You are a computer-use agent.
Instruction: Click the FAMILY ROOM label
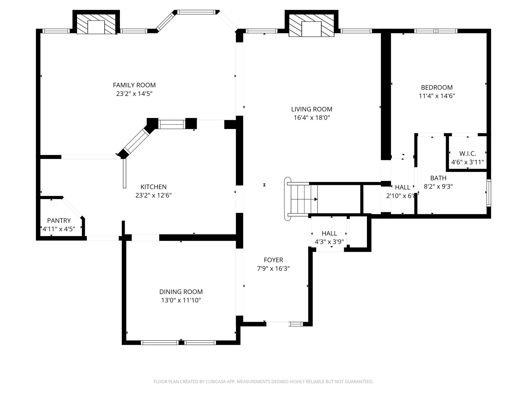(x=134, y=85)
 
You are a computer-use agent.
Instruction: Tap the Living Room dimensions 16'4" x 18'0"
(x=312, y=118)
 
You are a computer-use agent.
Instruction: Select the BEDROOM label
(x=437, y=87)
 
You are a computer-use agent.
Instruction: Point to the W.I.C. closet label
(x=468, y=154)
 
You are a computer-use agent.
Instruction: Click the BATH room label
(x=438, y=178)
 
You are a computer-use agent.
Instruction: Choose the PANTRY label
(x=59, y=220)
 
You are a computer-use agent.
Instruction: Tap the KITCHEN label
(x=153, y=187)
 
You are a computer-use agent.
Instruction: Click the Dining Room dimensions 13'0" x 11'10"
(x=181, y=300)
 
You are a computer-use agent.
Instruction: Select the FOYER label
(x=273, y=260)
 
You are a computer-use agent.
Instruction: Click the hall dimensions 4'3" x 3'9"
(x=329, y=242)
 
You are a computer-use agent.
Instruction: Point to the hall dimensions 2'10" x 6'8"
(x=402, y=196)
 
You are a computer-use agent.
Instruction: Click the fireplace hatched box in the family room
(x=96, y=24)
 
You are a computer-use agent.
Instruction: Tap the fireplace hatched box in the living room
(x=311, y=25)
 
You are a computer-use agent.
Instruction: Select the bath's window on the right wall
(x=488, y=193)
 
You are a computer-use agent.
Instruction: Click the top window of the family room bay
(x=196, y=12)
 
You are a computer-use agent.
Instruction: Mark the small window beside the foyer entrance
(x=296, y=324)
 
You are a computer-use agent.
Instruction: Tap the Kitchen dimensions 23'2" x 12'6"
(x=153, y=195)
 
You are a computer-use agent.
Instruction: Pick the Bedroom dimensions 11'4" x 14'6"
(x=437, y=96)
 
